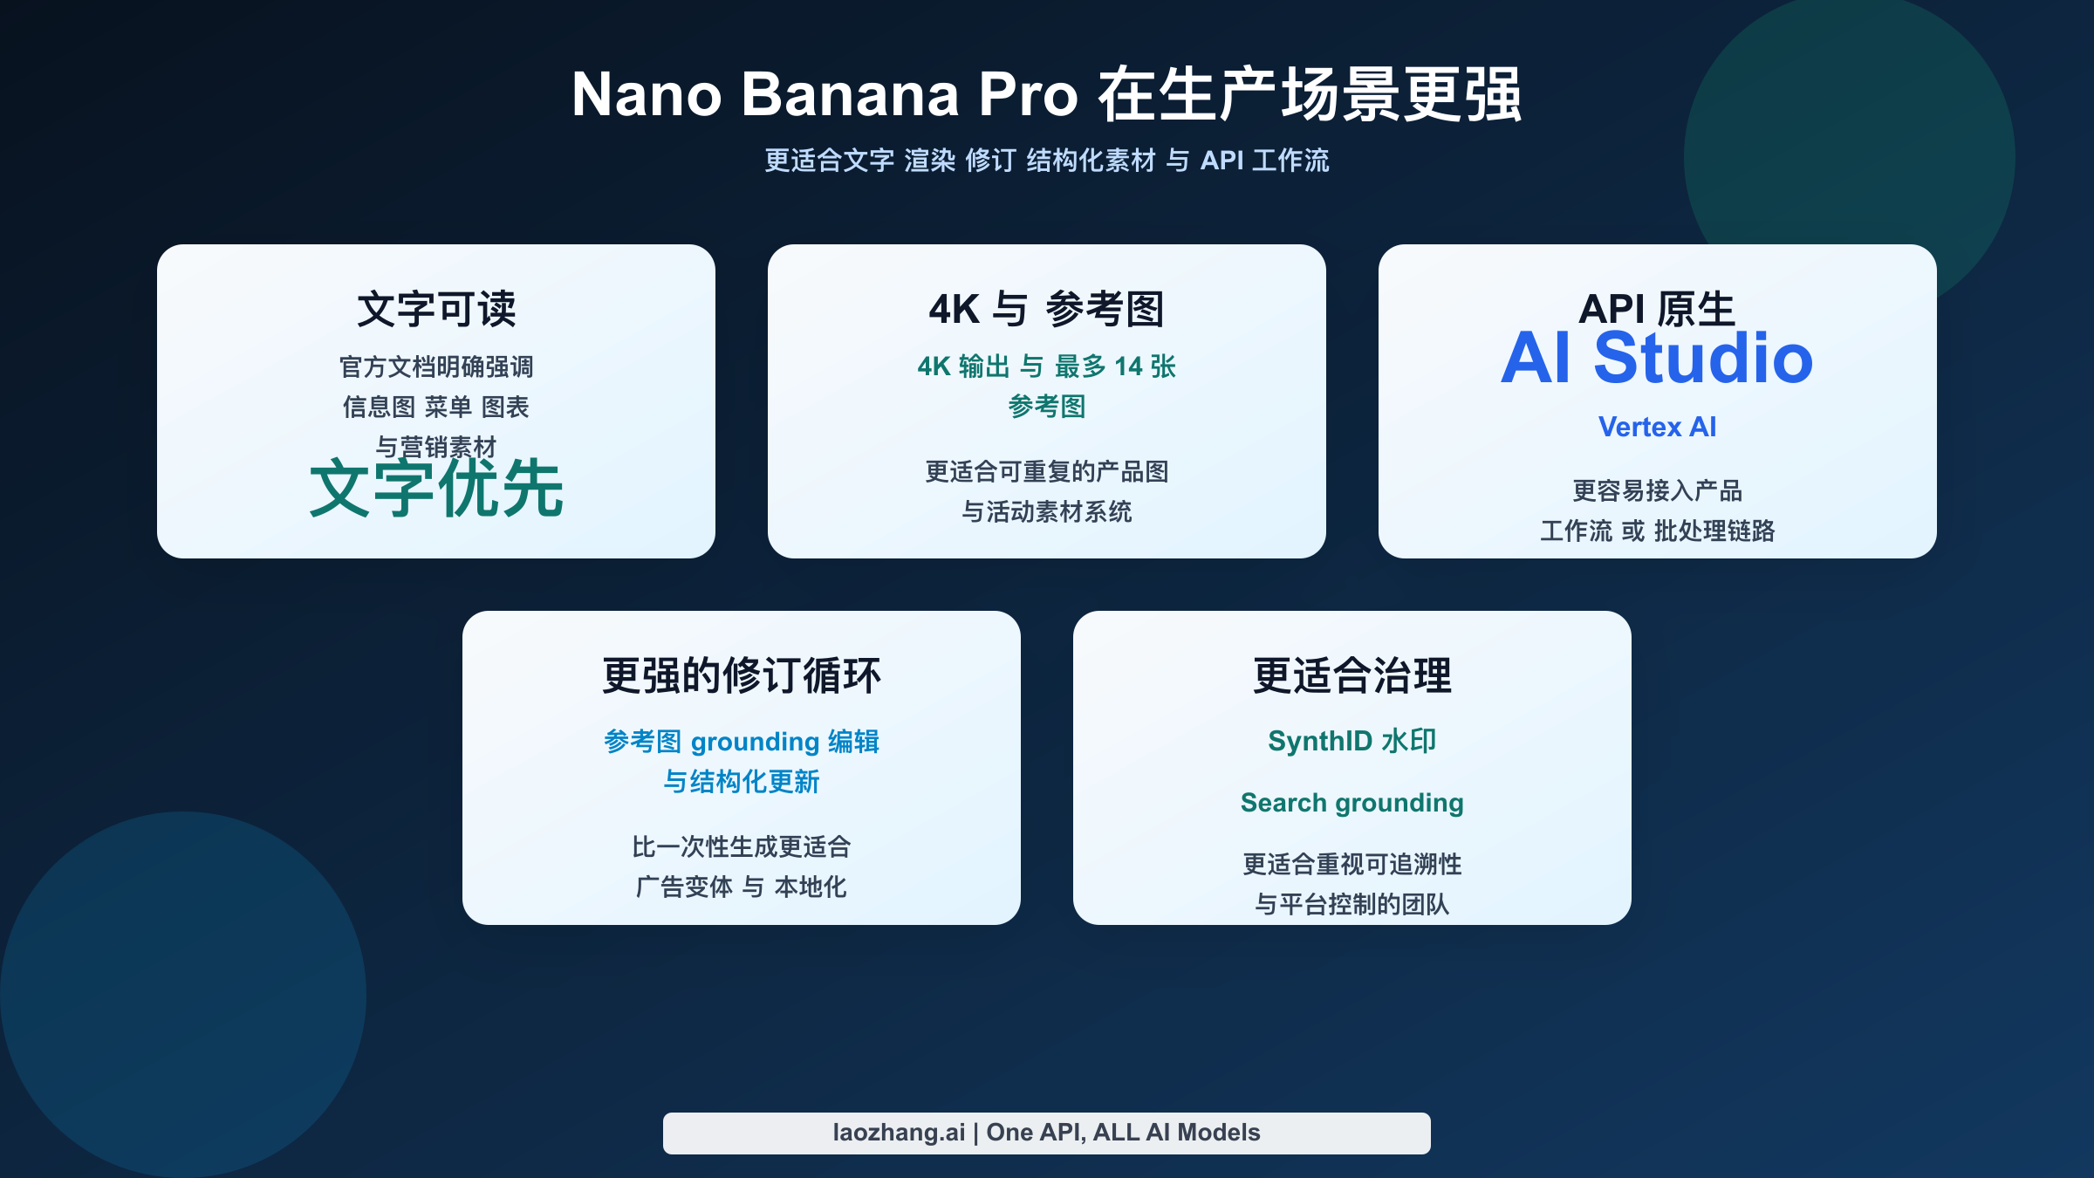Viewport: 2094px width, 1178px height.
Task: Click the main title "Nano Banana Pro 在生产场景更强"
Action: [1046, 94]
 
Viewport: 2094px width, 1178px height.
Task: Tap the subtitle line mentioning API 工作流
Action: [1046, 161]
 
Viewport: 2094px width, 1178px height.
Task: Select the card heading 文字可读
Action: [436, 309]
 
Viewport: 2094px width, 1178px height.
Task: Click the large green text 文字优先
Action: [436, 490]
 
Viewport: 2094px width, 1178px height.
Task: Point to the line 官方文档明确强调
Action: [436, 366]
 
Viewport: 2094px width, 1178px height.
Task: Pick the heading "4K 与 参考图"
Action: [1046, 309]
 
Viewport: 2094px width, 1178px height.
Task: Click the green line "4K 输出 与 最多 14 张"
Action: [1046, 366]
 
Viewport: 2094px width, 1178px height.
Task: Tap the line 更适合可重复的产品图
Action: [1046, 472]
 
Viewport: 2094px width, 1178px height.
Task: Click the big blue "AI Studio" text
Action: [1657, 360]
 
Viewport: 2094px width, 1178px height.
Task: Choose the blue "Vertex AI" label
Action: [1657, 427]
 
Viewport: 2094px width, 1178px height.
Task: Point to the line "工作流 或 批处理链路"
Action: [1657, 531]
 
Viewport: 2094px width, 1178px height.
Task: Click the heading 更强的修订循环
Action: [742, 675]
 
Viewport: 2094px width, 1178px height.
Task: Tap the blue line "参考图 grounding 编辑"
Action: [742, 742]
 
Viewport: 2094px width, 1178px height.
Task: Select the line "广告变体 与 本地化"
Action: [742, 887]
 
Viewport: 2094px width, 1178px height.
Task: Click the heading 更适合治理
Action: [1352, 675]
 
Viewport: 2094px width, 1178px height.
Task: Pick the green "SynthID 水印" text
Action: [1352, 741]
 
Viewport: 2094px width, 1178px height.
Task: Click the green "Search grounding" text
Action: [1352, 803]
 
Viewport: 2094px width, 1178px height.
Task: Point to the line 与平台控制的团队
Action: [1352, 904]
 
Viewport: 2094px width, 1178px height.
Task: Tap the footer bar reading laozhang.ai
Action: [1046, 1133]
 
